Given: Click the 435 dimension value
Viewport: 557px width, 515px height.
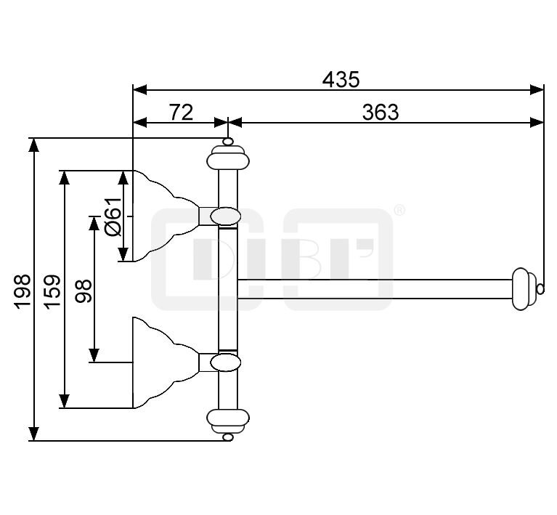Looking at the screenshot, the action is pyautogui.click(x=341, y=79).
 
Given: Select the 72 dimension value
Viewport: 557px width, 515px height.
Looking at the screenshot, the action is pyautogui.click(x=181, y=113).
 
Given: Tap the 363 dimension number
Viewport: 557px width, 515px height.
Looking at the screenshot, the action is pyautogui.click(x=381, y=113).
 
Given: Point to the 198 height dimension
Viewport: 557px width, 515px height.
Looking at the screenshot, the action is pyautogui.click(x=22, y=291).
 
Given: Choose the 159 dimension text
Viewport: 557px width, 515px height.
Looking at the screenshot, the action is pyautogui.click(x=53, y=291).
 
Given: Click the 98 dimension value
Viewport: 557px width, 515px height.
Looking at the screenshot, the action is pyautogui.click(x=84, y=291).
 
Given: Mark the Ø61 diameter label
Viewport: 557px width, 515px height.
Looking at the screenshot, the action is pyautogui.click(x=115, y=216).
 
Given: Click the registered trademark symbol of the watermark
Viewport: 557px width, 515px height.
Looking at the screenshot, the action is pyautogui.click(x=399, y=210).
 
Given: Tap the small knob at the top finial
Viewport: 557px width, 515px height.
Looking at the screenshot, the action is pyautogui.click(x=228, y=142).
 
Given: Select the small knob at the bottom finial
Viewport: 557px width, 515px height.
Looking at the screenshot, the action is pyautogui.click(x=228, y=437).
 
